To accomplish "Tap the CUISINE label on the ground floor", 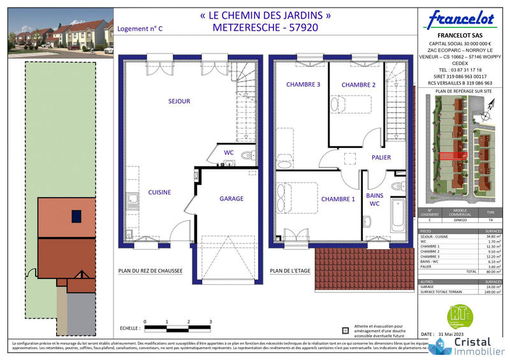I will click(x=159, y=192).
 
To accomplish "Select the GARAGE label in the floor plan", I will click(x=231, y=199).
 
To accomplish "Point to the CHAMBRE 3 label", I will click(x=303, y=85).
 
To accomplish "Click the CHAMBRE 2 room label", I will click(x=358, y=85).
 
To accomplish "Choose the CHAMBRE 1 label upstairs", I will click(x=338, y=199).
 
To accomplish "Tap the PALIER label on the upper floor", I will click(x=381, y=157).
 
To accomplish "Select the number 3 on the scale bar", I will click(x=210, y=322).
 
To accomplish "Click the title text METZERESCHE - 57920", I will click(x=265, y=27).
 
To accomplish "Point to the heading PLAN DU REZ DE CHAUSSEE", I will click(x=150, y=271).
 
